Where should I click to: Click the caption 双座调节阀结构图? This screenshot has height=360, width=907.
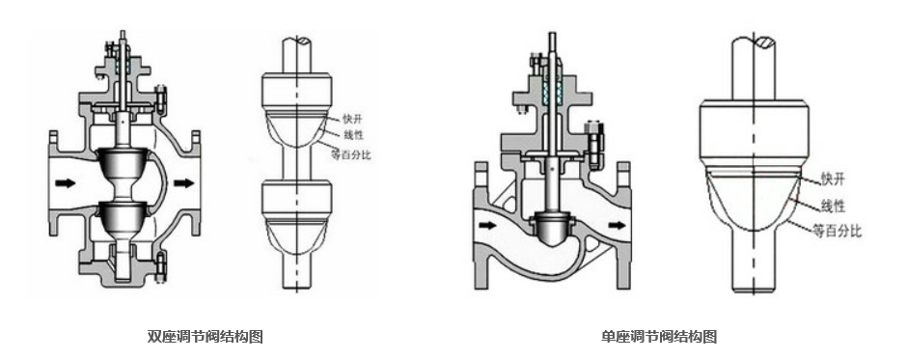click(x=206, y=336)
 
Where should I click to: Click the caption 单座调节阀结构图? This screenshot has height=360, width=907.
click(x=659, y=336)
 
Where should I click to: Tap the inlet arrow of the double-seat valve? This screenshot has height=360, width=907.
click(x=66, y=183)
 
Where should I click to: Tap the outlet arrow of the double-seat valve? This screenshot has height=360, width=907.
click(x=184, y=183)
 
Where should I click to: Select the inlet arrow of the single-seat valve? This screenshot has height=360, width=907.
click(x=487, y=225)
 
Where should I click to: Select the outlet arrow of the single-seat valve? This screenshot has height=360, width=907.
click(x=618, y=225)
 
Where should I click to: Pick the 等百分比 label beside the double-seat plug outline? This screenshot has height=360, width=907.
click(x=350, y=154)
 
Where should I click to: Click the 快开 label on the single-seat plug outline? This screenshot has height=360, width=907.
click(x=833, y=179)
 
